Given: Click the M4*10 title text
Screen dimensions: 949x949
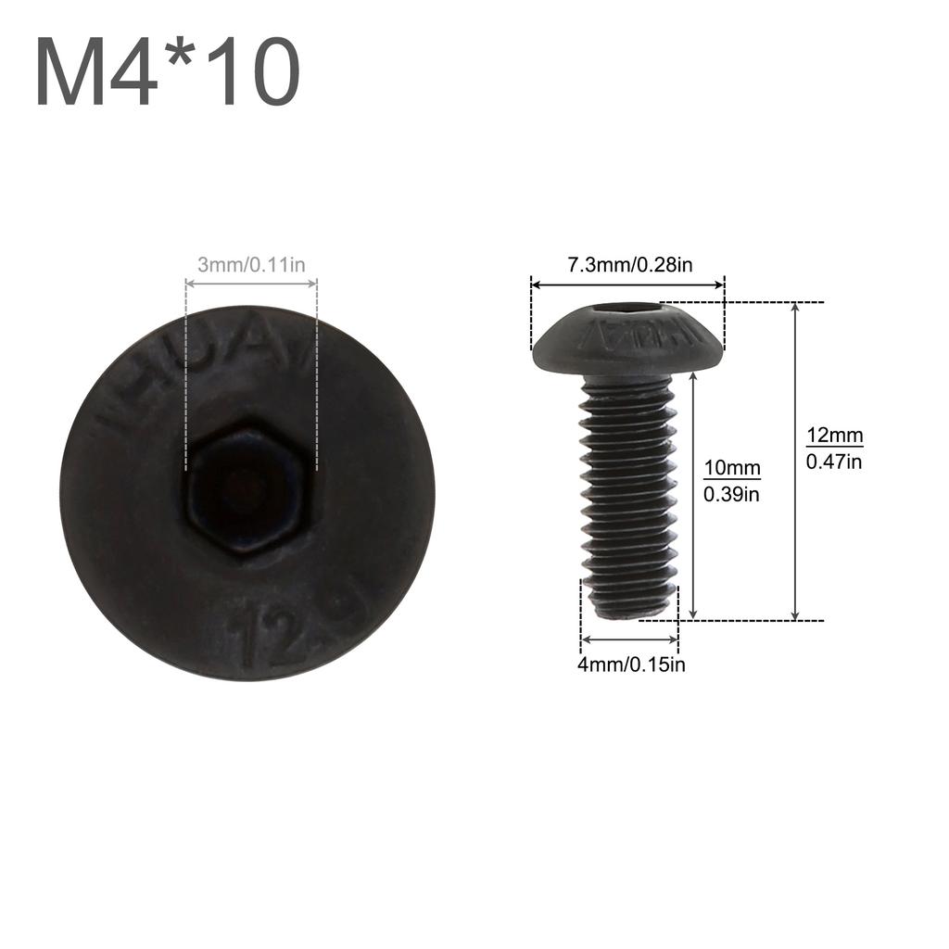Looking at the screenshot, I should pyautogui.click(x=168, y=74).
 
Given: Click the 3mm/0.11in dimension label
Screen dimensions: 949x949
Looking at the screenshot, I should pyautogui.click(x=251, y=265).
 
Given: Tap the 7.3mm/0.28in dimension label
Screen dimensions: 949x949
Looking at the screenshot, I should pyautogui.click(x=629, y=264).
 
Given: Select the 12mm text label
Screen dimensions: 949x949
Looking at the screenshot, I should pyautogui.click(x=834, y=436).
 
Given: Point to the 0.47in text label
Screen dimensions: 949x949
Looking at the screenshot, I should pyautogui.click(x=834, y=461).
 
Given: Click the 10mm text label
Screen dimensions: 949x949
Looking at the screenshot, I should pyautogui.click(x=731, y=469).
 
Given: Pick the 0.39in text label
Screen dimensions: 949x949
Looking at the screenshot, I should pyautogui.click(x=731, y=494).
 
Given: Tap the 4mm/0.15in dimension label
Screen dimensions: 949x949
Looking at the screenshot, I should pyautogui.click(x=631, y=664).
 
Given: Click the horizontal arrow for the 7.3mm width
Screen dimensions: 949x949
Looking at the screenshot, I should pyautogui.click(x=627, y=286).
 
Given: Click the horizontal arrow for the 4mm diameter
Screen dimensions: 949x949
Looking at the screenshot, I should pyautogui.click(x=629, y=639).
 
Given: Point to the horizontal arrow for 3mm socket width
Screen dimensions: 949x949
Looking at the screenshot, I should pyautogui.click(x=251, y=284).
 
